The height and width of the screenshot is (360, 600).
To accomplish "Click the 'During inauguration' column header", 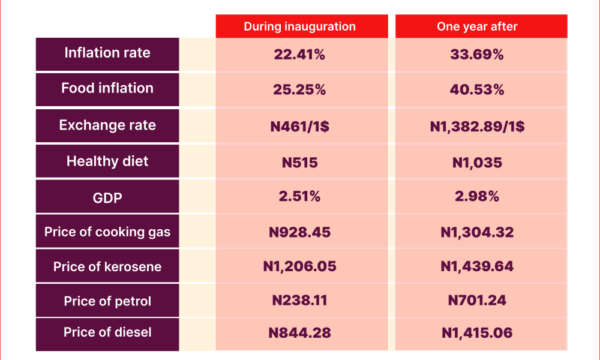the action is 299,26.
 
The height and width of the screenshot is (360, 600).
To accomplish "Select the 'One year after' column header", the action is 477,26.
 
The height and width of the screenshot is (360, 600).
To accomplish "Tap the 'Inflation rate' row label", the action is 107,53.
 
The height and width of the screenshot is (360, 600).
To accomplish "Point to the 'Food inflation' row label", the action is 107,88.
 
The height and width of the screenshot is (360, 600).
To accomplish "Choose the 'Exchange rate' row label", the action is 107,125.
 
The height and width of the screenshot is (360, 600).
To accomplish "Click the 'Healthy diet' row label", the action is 107,161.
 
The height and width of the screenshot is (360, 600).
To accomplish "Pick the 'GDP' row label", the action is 107,198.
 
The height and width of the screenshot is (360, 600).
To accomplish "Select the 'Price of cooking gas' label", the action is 107,232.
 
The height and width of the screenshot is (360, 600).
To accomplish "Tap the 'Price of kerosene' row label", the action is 107,266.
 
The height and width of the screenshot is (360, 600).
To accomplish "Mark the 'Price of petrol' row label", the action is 107,301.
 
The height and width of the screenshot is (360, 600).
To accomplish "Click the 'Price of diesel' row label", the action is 107,332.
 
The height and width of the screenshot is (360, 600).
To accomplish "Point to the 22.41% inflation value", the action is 299,55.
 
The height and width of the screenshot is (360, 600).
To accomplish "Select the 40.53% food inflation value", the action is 477,89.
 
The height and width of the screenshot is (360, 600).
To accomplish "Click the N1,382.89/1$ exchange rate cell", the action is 477,126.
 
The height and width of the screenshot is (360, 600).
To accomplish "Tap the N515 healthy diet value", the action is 299,163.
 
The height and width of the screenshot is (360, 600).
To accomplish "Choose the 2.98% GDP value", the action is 477,196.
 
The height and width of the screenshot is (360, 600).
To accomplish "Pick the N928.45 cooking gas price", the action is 299,232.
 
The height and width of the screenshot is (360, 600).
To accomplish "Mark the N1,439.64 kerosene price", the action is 477,266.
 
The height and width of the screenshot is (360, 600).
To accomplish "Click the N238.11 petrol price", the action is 299,301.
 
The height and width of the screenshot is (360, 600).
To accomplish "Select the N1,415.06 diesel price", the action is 477,333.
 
